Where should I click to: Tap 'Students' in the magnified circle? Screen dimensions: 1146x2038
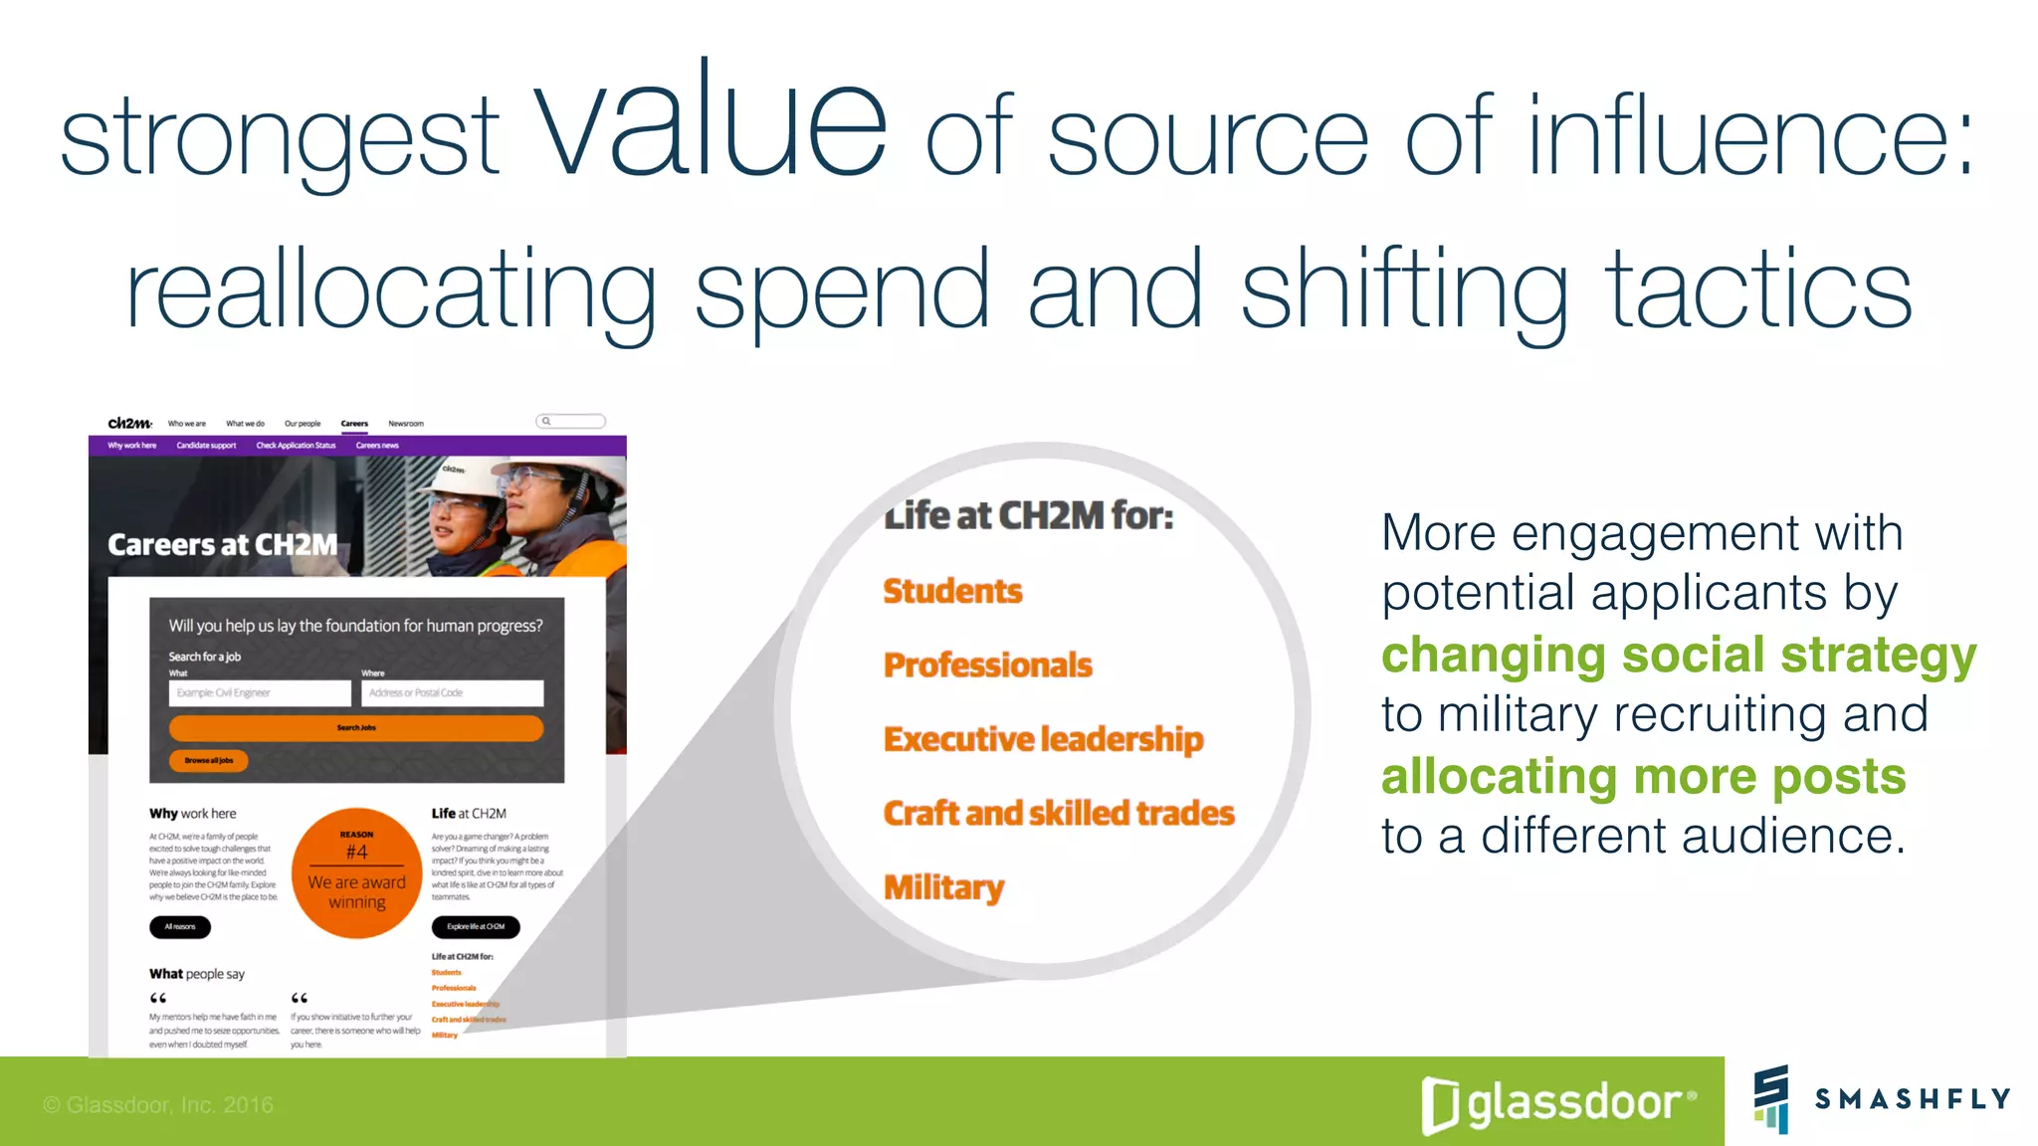coord(952,591)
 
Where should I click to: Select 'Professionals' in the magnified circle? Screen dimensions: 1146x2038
coord(987,665)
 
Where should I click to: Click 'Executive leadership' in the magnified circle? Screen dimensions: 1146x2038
coord(1043,739)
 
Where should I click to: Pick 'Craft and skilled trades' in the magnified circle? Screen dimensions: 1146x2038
coord(1059,813)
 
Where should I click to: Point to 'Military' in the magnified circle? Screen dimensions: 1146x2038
coord(943,886)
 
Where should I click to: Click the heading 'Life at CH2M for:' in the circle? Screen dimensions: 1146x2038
coord(1029,515)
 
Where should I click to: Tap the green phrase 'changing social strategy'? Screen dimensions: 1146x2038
coord(1678,656)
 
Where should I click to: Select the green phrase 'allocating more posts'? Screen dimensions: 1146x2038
coord(1643,777)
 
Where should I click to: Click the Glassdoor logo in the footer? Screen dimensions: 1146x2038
coord(1558,1103)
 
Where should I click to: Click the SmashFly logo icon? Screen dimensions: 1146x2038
coord(1771,1098)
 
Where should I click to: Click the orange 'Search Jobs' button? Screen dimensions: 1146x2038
coord(356,728)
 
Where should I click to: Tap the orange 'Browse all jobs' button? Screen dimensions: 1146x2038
coord(208,761)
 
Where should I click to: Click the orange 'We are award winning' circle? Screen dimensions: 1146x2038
coord(356,872)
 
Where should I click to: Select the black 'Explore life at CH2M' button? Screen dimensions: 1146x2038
coord(476,927)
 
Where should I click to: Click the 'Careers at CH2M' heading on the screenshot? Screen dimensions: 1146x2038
coord(223,545)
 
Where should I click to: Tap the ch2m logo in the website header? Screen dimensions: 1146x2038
coord(129,423)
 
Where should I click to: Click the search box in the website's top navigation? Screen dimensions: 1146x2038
coord(571,421)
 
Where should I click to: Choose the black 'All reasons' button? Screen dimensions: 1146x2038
coord(180,927)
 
